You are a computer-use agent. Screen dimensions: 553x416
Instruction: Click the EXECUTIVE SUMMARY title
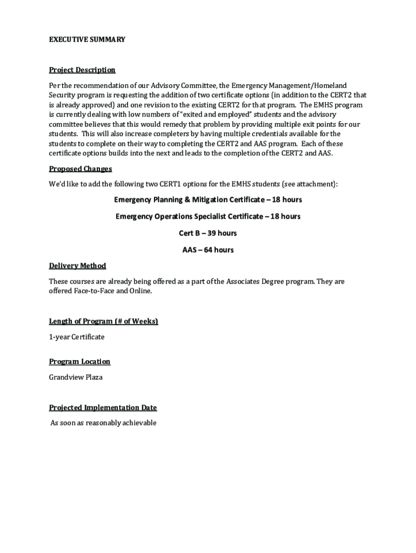(87, 39)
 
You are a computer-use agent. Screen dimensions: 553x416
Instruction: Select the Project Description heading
(82, 70)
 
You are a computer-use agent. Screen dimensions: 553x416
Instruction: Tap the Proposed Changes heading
(80, 169)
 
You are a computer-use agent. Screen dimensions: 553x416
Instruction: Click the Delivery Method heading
(77, 266)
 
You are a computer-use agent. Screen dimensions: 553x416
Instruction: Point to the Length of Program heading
(104, 321)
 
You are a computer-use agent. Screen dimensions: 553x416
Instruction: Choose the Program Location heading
(79, 361)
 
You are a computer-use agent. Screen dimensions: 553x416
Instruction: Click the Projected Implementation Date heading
(103, 408)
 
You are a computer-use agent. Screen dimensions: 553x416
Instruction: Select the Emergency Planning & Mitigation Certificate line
(208, 200)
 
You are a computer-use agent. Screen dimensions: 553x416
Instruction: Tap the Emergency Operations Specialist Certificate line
(208, 217)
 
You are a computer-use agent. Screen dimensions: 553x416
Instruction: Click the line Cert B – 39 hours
(208, 233)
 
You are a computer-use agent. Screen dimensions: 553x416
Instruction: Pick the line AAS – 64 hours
(208, 250)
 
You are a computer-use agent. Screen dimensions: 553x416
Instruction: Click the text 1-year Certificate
(77, 337)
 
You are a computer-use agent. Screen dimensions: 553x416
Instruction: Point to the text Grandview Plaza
(76, 377)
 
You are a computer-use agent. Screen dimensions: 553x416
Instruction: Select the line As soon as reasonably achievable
(103, 423)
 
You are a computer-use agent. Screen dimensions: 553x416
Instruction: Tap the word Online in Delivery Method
(140, 291)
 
